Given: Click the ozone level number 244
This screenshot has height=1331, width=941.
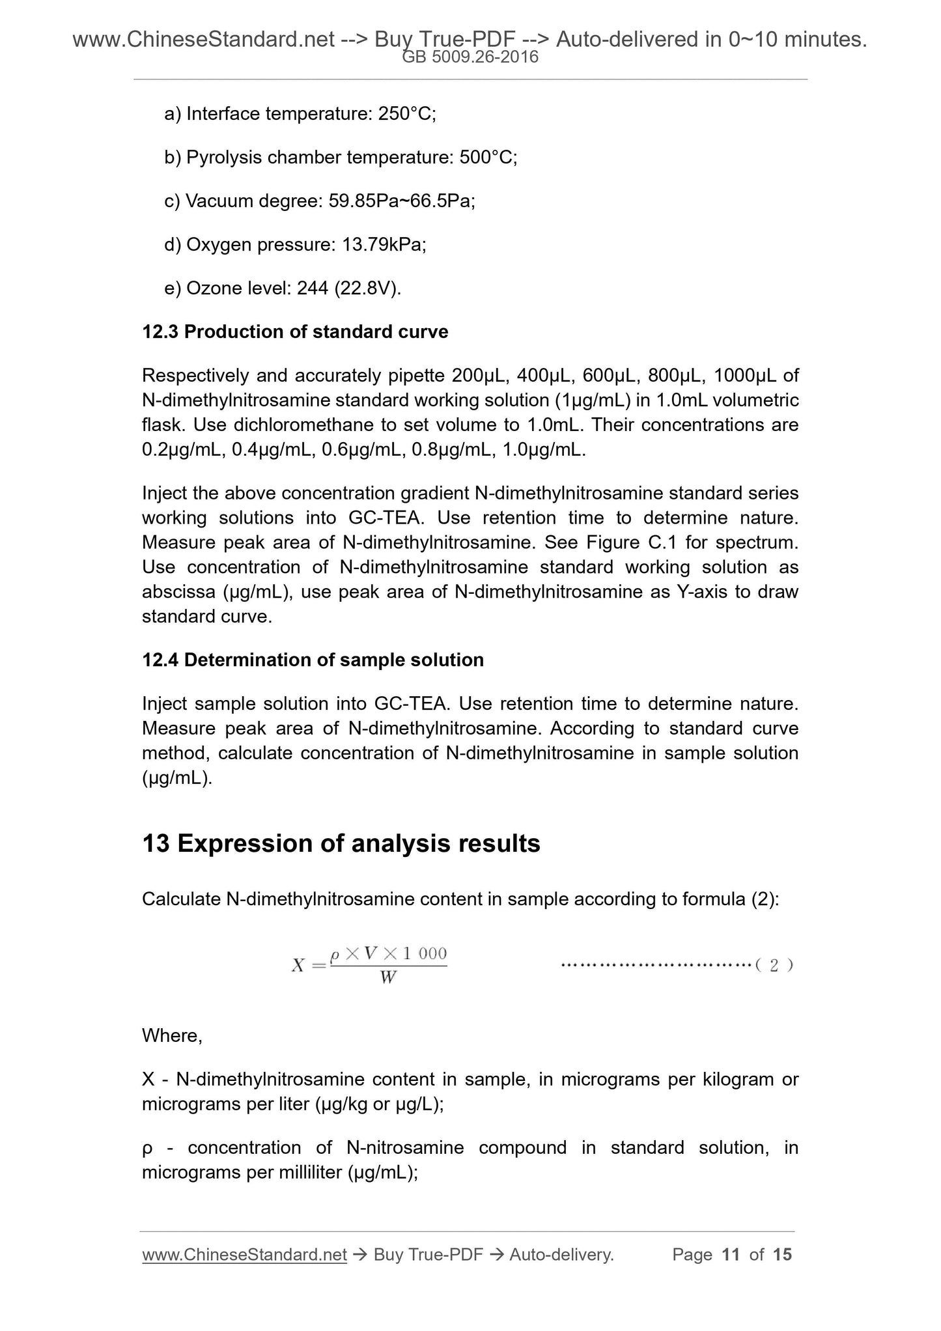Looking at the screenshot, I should pos(313,288).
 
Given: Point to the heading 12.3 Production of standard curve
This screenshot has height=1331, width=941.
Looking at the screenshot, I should pos(295,332).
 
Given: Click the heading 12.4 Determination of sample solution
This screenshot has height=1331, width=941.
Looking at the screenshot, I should pos(313,660).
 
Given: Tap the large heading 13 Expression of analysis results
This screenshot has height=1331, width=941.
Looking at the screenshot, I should pos(341,844).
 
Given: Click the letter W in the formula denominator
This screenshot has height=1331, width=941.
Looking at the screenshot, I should pos(388,977).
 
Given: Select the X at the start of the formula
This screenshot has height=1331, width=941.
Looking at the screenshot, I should pos(298,965).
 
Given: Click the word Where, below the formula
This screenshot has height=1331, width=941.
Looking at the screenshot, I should pos(173,1036).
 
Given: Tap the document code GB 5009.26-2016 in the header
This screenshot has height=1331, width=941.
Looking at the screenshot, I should pos(470,57).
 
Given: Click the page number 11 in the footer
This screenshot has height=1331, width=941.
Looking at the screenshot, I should pos(731,1255).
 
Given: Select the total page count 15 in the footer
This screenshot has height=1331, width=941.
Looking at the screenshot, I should pos(782,1255).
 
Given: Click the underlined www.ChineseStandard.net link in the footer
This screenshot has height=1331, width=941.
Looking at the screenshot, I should pos(244,1255).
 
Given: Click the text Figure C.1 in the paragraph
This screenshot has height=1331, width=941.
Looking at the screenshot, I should pos(623,542).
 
